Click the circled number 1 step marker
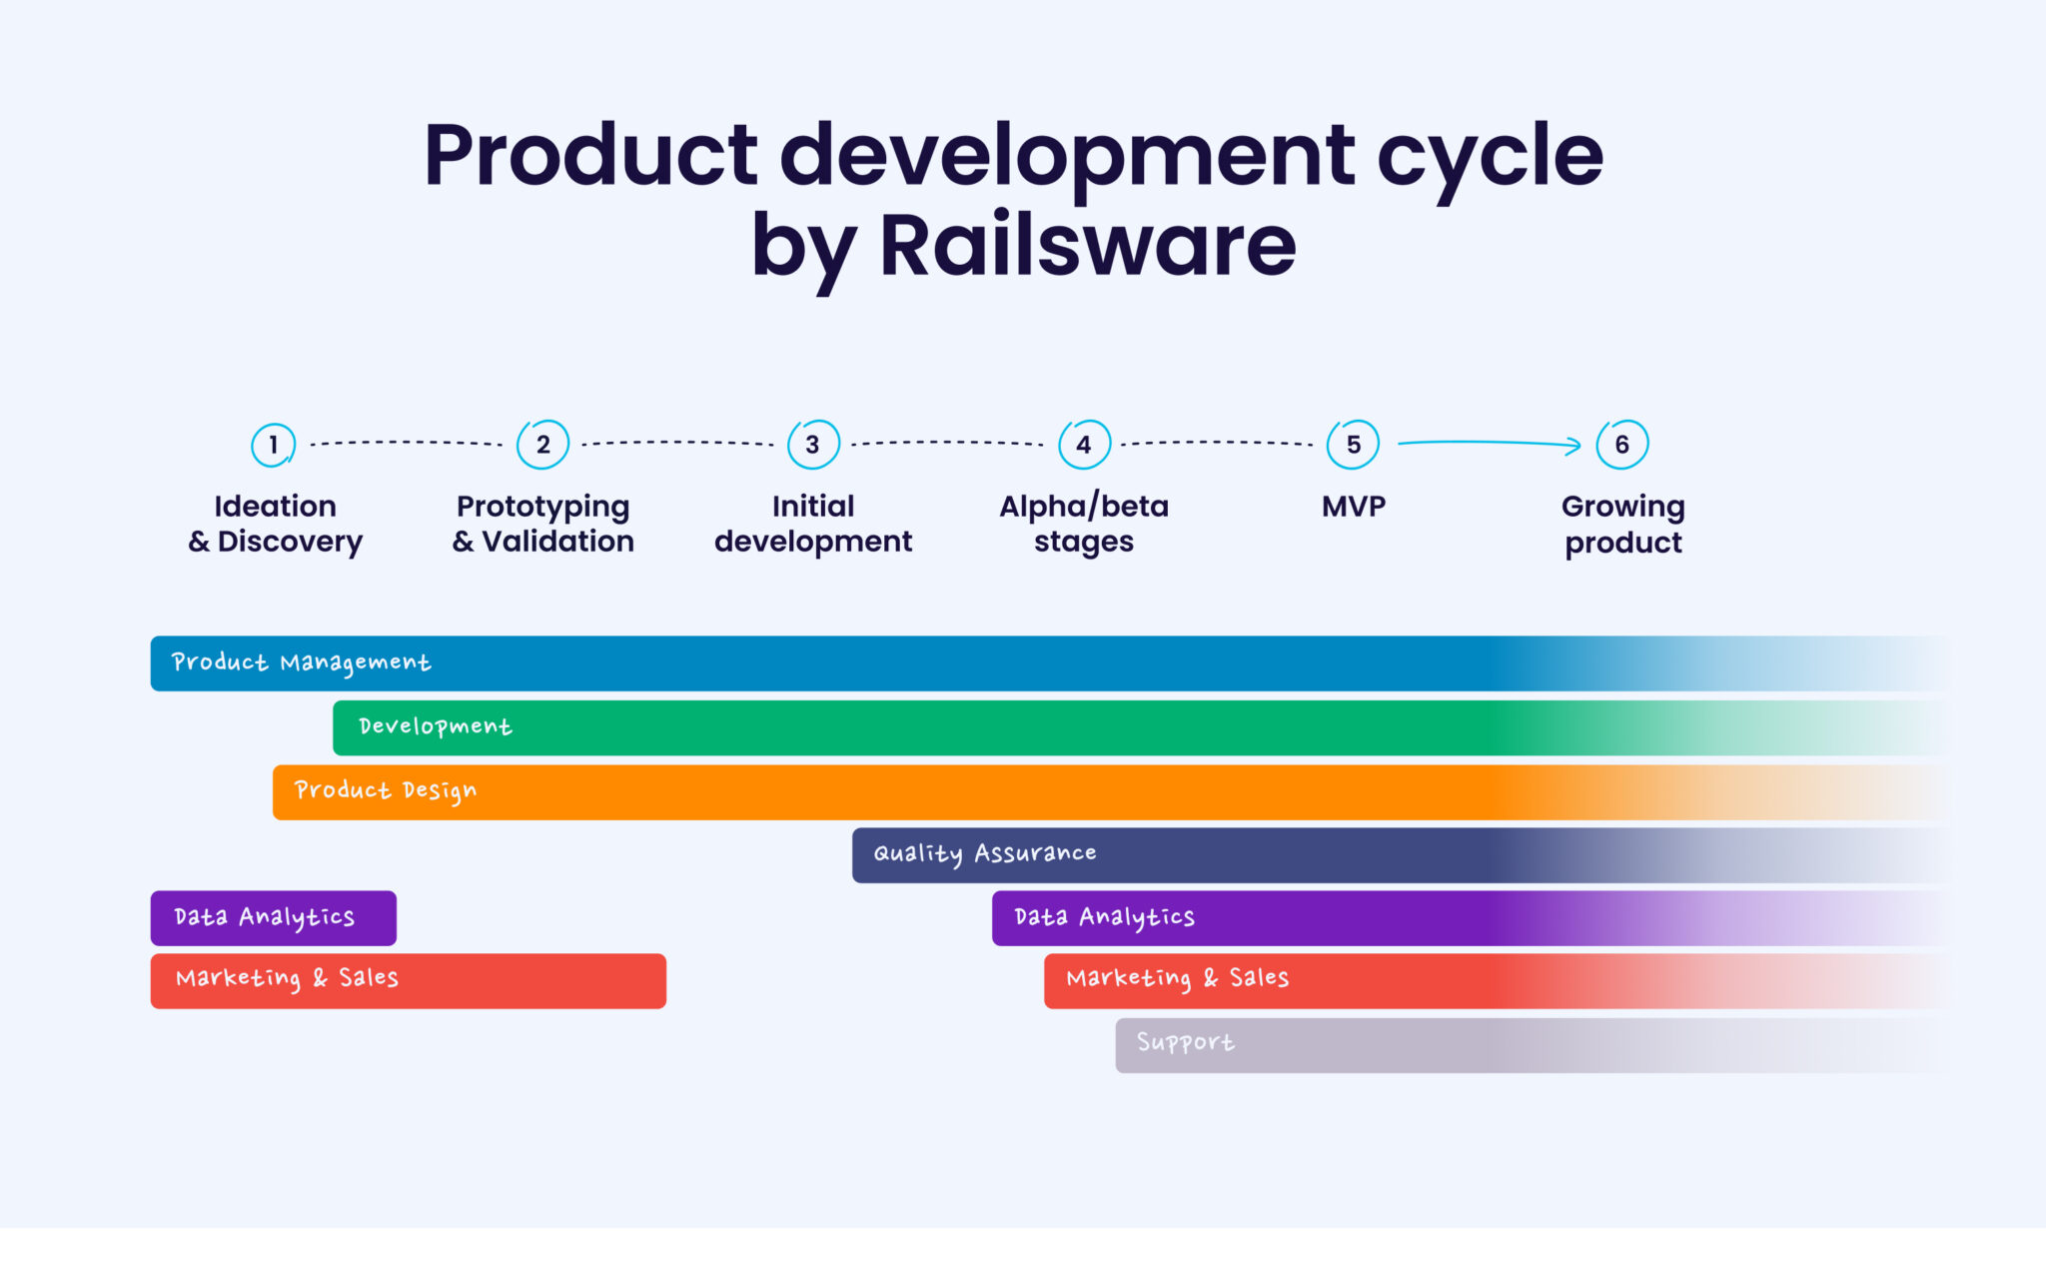pos(273,445)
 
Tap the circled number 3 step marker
pos(813,445)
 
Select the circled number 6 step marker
pos(1622,445)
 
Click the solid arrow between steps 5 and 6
pos(1489,443)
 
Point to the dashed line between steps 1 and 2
pos(406,443)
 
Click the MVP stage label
pos(1354,507)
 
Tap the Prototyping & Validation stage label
pos(542,524)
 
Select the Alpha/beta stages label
pos(1084,524)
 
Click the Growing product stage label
pos(1622,524)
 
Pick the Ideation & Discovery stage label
pos(275,524)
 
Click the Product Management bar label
pos(301,662)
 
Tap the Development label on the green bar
pos(435,726)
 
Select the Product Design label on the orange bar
pos(385,790)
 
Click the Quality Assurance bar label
pos(984,853)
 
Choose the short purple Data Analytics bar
pos(273,917)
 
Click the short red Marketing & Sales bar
pos(408,980)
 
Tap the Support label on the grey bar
pos(1185,1043)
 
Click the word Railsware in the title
pos(1087,246)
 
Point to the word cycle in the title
pos(1490,156)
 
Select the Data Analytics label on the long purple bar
pos(1104,917)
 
